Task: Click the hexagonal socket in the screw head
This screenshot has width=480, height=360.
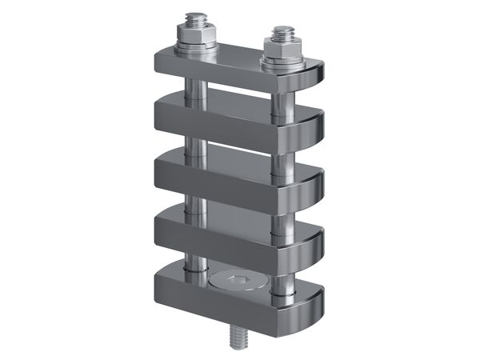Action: pos(239,280)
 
